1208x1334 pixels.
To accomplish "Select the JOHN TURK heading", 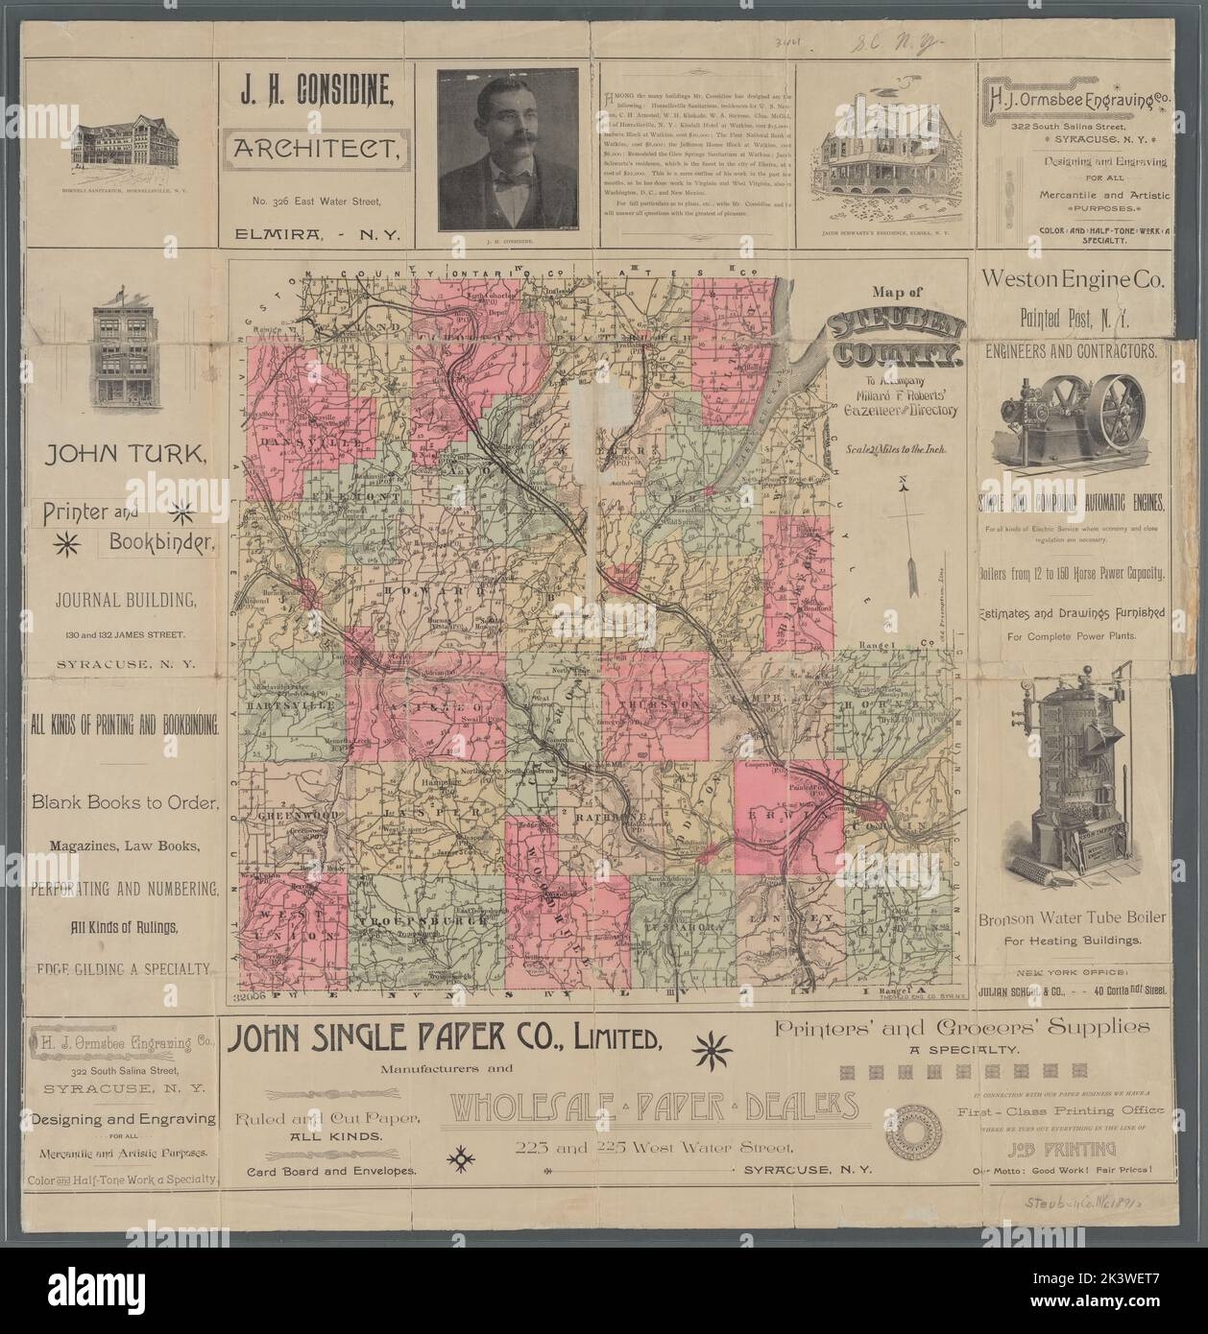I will [126, 456].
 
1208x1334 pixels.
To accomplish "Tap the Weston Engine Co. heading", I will [1072, 281].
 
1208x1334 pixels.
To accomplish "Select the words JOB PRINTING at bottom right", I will [1068, 1150].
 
